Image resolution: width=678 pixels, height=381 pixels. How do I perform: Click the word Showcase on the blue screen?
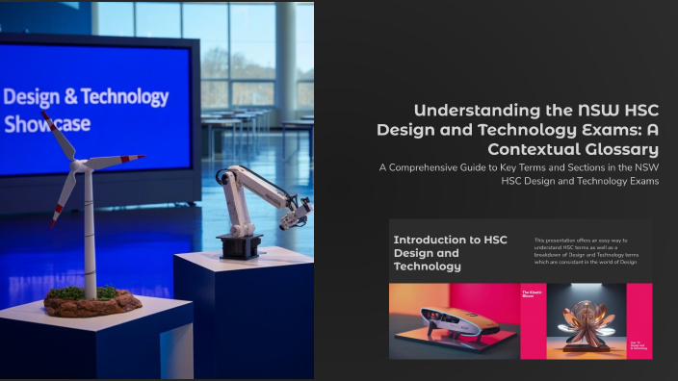[47, 124]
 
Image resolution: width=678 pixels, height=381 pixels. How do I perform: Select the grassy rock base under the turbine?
[92, 301]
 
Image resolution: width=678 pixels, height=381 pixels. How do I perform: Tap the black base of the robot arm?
[238, 246]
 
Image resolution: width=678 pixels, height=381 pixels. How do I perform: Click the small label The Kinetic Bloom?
[532, 292]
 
